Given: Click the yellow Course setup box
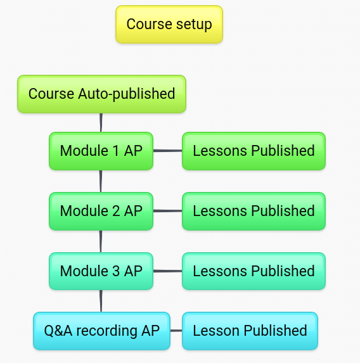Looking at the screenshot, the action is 169,24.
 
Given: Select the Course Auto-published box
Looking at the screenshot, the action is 101,94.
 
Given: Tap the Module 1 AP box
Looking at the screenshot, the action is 101,151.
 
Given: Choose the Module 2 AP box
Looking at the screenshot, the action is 101,211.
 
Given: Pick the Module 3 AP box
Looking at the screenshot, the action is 101,271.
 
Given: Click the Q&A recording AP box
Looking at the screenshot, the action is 101,331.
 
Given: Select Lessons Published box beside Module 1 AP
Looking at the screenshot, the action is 254,151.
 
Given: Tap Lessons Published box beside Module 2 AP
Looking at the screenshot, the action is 254,211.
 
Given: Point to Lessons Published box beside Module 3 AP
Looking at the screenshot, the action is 254,271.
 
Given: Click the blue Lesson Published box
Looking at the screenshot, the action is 250,331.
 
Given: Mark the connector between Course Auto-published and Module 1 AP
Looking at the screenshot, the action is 101,123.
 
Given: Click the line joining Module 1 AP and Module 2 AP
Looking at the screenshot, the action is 101,181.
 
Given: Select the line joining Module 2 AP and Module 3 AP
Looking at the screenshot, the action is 101,241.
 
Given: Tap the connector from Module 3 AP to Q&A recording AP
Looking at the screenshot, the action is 101,301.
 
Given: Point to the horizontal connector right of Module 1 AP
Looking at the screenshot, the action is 168,151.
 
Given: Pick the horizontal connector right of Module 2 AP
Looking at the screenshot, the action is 168,211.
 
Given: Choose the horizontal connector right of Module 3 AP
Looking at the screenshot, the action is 168,271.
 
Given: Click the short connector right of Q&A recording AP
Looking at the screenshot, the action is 176,331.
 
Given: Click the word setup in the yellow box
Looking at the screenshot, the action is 194,25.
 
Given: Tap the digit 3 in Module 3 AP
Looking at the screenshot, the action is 116,271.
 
